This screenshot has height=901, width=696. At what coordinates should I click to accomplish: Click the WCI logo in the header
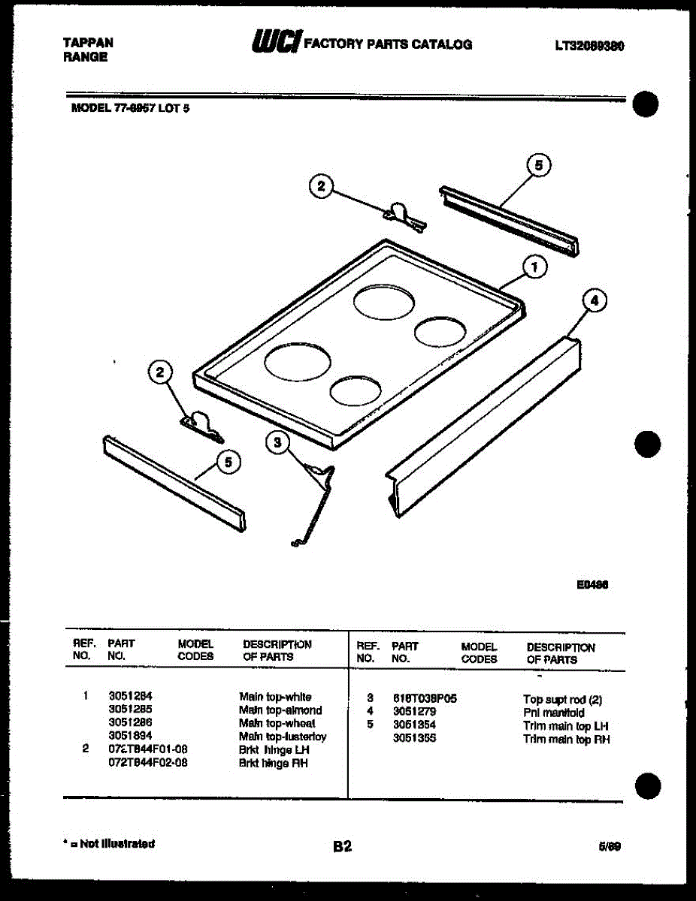[x=276, y=44]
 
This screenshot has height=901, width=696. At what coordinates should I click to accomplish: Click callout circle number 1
[x=534, y=267]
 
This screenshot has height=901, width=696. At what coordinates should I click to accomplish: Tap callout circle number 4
[x=594, y=301]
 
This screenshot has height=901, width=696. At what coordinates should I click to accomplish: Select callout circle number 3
[x=277, y=443]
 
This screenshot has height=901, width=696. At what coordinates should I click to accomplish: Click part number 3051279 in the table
[x=413, y=712]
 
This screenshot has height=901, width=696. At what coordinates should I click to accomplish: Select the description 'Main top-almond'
[x=280, y=710]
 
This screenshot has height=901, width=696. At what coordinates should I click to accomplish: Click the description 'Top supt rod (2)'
[x=562, y=700]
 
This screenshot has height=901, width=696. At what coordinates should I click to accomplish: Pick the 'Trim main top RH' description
[x=566, y=740]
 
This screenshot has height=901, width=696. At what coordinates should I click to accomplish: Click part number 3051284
[x=130, y=697]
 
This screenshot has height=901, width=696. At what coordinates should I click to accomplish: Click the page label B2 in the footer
[x=342, y=847]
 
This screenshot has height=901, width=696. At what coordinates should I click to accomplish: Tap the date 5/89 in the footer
[x=610, y=847]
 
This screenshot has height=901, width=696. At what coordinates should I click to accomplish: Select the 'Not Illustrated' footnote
[x=110, y=844]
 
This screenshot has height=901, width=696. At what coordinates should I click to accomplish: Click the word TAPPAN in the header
[x=88, y=43]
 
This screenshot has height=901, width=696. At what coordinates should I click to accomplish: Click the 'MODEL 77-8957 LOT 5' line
[x=130, y=107]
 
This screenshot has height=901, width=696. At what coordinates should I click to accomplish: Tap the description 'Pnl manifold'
[x=553, y=713]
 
